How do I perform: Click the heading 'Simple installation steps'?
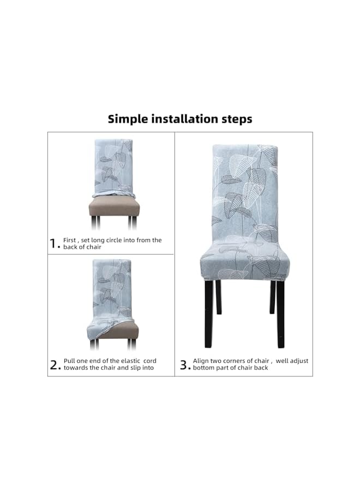180,118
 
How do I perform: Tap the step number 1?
53,244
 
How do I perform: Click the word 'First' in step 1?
69,240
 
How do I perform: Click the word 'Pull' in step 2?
69,361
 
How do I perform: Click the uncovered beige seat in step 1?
114,207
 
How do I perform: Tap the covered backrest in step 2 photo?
112,286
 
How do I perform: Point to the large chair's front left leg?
209,314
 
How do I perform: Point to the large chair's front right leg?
280,314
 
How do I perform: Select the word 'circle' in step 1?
123,240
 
